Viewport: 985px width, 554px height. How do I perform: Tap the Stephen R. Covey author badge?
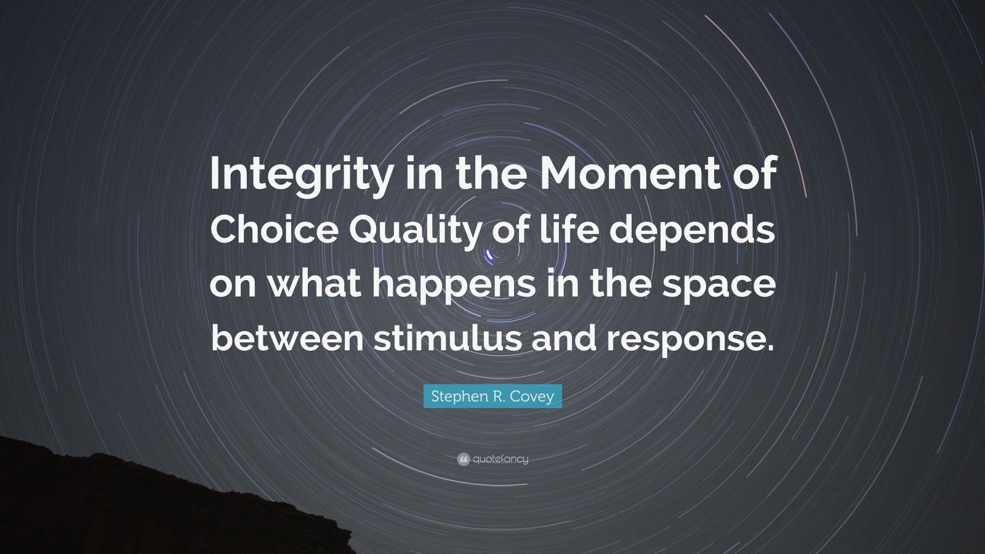tap(492, 396)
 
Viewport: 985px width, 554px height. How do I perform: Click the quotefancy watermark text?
tap(501, 459)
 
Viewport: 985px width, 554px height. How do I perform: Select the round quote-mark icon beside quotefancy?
tap(464, 459)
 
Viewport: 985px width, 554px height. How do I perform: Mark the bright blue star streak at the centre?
tap(490, 253)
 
